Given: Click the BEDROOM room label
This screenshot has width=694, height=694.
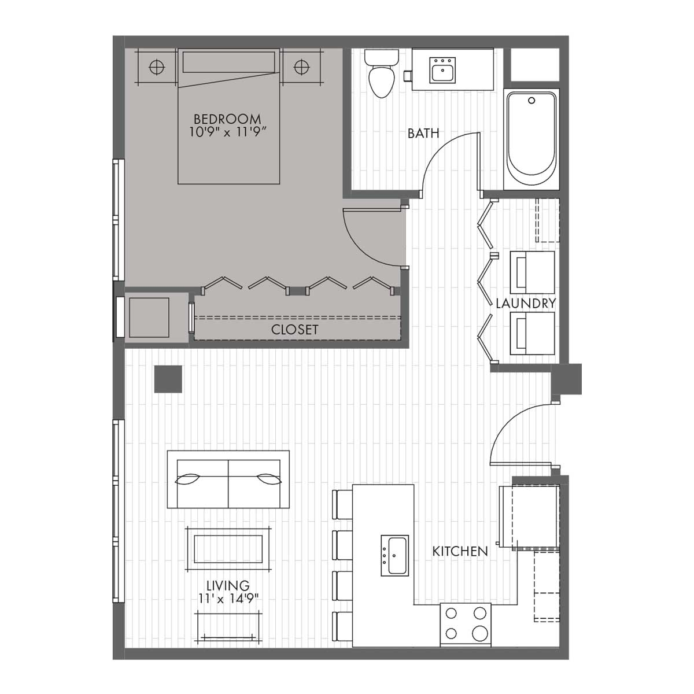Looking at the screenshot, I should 227,119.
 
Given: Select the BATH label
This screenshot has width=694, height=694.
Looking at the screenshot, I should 423,133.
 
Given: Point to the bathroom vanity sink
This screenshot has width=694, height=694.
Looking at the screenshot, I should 442,71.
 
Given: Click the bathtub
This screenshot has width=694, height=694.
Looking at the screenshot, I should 531,139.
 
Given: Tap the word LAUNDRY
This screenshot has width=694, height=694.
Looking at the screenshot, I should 526,303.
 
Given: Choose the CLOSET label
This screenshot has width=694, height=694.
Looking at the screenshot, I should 295,330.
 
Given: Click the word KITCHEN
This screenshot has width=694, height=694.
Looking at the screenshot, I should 460,551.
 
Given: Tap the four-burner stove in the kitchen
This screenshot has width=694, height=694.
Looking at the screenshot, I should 466,624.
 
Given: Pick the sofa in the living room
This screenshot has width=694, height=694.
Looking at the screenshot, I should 228,479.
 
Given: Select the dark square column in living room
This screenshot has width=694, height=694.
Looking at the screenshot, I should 168,379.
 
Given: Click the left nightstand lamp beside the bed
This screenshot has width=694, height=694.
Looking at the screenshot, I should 156,67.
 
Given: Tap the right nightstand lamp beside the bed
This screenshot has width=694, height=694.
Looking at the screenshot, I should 301,67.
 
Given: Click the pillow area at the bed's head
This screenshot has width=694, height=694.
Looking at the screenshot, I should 228,62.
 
